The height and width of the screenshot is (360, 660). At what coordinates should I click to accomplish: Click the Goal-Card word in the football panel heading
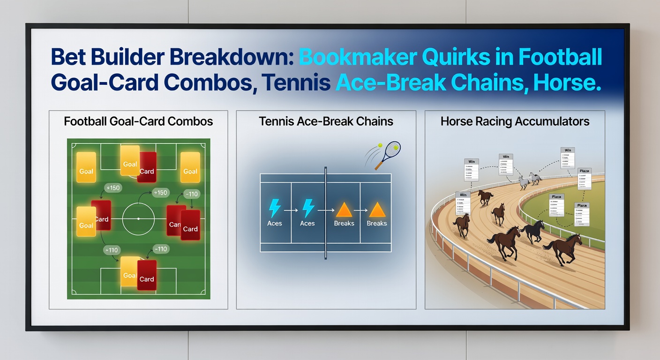point(135,121)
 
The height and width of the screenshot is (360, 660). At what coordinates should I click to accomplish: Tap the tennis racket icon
point(388,154)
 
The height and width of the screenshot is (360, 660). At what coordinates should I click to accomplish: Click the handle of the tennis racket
point(378,165)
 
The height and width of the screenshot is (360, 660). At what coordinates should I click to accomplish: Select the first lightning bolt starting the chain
point(274,209)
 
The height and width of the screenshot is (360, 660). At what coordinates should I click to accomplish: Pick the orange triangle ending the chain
point(376,209)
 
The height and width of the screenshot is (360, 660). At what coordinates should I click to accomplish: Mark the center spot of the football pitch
point(138,219)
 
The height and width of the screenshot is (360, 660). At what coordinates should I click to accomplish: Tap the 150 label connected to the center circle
point(161,193)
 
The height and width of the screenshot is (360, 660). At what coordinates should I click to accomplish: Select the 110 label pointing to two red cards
point(191,193)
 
